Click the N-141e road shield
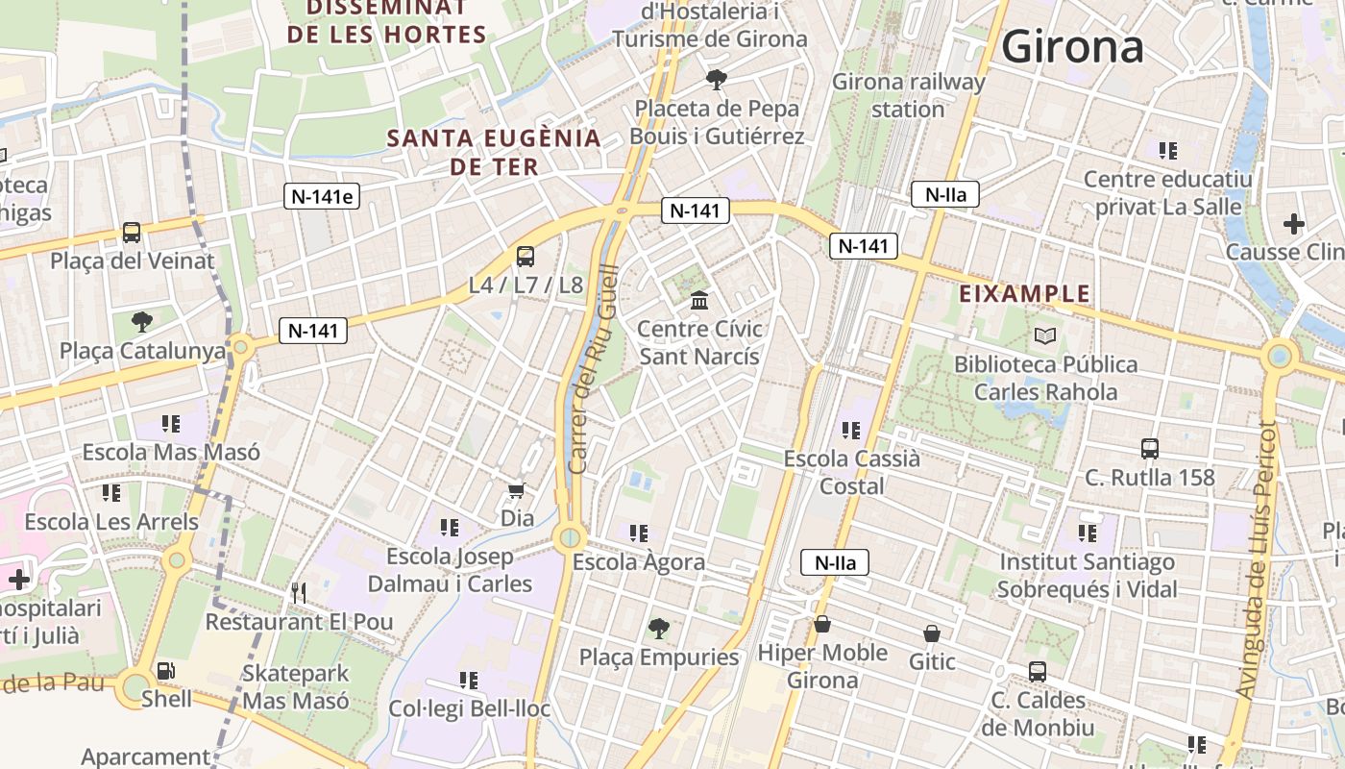pos(322,197)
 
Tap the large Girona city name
pos(1072,46)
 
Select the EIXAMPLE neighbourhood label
pos(1025,293)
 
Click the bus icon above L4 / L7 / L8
pos(525,257)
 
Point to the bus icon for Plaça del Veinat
pos(132,233)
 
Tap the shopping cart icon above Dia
pos(517,491)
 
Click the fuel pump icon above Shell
pos(166,671)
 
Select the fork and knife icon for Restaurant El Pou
pos(299,593)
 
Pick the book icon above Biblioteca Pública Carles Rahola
pos(1045,336)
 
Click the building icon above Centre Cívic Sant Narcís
pos(699,301)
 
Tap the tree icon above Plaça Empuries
pos(659,629)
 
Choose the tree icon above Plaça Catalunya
pos(142,321)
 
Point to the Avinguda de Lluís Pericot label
pos(1259,559)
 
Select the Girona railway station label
pos(908,95)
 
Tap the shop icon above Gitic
pos(931,633)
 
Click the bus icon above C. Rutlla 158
pos(1149,449)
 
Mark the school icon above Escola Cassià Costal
pos(850,430)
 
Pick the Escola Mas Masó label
pos(171,452)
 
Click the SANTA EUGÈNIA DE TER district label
pos(494,151)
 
